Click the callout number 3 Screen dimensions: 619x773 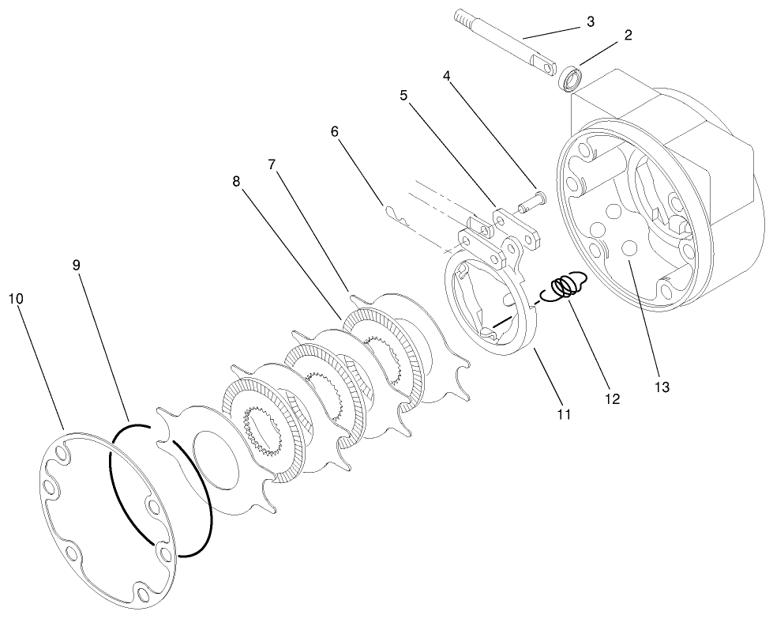pos(590,21)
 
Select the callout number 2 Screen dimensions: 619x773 pos(628,36)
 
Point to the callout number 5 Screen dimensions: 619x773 pos(403,96)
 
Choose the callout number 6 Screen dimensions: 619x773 pos(335,131)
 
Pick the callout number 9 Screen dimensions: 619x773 pos(77,266)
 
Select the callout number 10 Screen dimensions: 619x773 pos(16,298)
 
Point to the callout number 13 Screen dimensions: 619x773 pos(661,387)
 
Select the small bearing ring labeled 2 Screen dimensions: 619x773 pos(571,79)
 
